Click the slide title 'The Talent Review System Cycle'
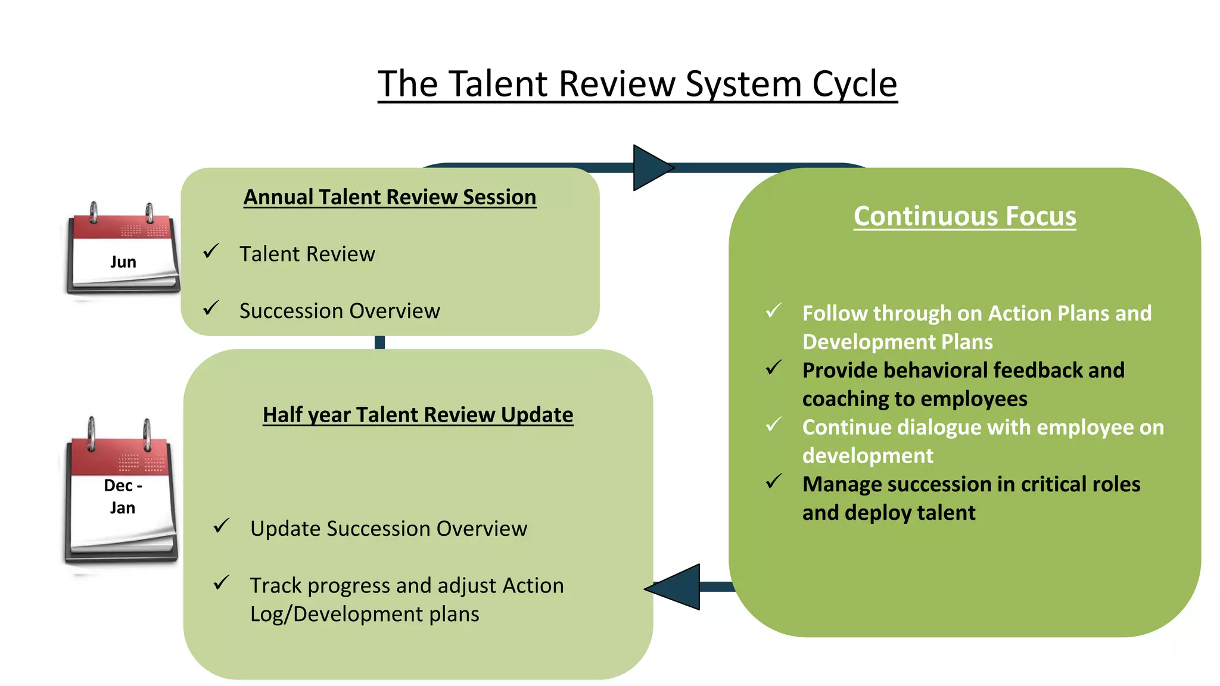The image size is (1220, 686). pyautogui.click(x=637, y=84)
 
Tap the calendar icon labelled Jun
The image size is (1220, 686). pyautogui.click(x=123, y=250)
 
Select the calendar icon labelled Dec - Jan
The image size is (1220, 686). pyautogui.click(x=122, y=492)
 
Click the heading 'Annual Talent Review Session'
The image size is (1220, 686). pyautogui.click(x=390, y=197)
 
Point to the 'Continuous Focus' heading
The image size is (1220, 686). pyautogui.click(x=964, y=216)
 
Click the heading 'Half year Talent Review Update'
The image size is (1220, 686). pyautogui.click(x=418, y=414)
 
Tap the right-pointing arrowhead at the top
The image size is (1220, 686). pyautogui.click(x=651, y=168)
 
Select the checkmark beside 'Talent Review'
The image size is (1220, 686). pyautogui.click(x=211, y=251)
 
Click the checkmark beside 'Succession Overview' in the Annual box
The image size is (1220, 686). pyautogui.click(x=211, y=308)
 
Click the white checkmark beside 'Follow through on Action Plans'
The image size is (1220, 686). pyautogui.click(x=774, y=310)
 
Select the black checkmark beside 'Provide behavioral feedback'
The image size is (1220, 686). pyautogui.click(x=774, y=367)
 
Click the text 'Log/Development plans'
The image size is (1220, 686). pyautogui.click(x=365, y=614)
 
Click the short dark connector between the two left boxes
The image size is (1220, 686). pyautogui.click(x=379, y=342)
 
